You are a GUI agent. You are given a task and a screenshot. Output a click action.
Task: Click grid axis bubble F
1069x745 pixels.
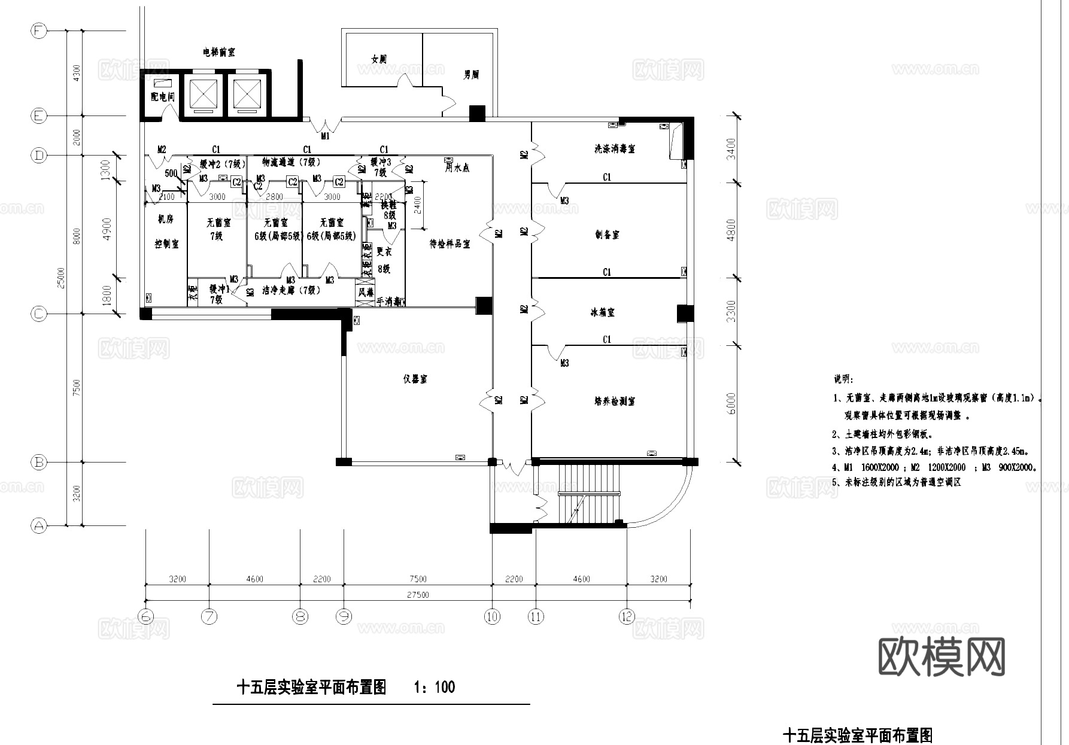(38, 31)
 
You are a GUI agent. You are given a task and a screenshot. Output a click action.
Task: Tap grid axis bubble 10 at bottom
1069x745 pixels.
(492, 616)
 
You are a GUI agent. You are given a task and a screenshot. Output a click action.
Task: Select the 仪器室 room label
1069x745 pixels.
(415, 379)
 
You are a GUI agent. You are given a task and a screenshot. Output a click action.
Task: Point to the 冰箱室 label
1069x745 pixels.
(602, 312)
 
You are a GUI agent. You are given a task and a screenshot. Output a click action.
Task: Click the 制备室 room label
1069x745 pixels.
(607, 235)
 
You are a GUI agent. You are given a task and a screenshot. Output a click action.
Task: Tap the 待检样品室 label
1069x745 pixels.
(450, 244)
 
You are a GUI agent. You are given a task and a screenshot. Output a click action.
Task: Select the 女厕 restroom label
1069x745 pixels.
(379, 59)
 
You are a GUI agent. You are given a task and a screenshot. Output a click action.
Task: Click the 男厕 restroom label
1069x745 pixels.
(472, 75)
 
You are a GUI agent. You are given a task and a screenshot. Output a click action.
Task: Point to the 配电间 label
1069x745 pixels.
(162, 96)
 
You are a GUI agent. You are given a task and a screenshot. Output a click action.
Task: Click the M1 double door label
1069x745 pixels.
(325, 136)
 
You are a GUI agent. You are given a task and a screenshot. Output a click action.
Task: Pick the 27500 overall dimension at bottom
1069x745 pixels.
(418, 595)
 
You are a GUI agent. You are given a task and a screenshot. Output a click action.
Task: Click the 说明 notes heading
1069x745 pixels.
(844, 379)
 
